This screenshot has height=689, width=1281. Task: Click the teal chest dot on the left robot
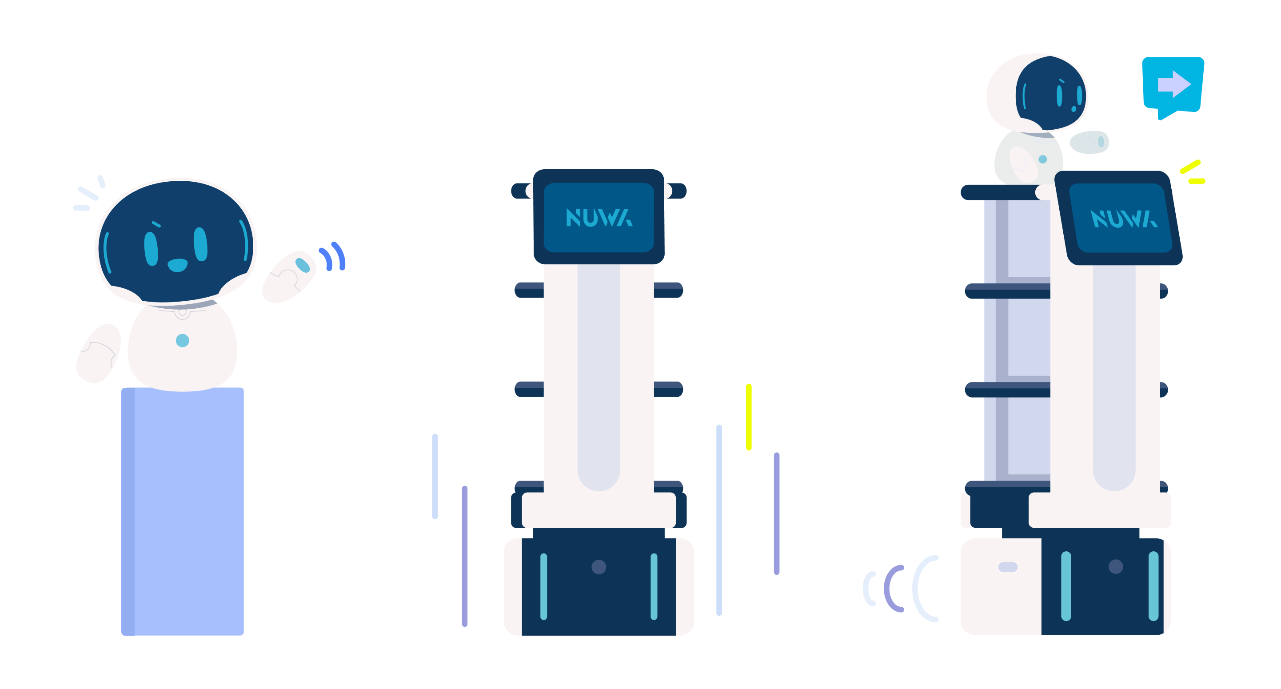click(x=183, y=341)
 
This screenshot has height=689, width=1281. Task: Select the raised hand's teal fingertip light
click(x=302, y=265)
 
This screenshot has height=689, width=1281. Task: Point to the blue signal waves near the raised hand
click(x=333, y=256)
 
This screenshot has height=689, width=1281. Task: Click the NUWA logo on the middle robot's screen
click(x=599, y=218)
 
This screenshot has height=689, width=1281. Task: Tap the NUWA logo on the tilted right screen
click(x=1124, y=219)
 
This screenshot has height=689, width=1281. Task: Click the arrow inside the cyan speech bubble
click(x=1174, y=84)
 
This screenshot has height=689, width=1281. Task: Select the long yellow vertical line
click(x=749, y=417)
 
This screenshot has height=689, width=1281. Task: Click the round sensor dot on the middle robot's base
click(x=599, y=567)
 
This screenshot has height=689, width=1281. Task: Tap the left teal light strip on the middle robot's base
click(x=543, y=586)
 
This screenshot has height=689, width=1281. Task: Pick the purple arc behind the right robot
click(x=893, y=589)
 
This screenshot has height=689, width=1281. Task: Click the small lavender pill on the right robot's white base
click(x=1008, y=567)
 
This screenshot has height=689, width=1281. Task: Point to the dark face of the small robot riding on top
click(x=1050, y=93)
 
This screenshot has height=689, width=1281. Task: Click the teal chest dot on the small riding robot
click(x=1043, y=159)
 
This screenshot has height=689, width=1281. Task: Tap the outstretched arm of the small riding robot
click(x=1089, y=142)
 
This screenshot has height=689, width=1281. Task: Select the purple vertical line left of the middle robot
click(x=464, y=556)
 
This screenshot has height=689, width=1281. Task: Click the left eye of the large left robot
click(x=151, y=249)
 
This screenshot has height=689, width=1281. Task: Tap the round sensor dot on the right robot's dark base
click(x=1116, y=567)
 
